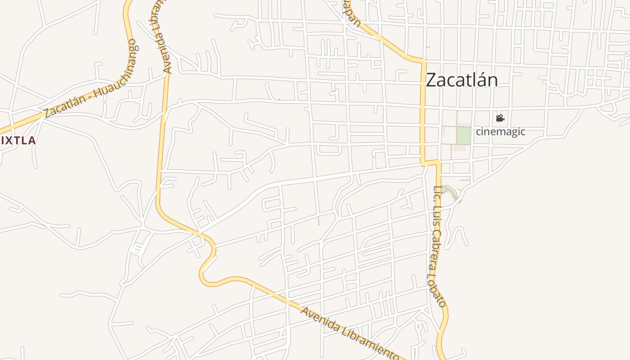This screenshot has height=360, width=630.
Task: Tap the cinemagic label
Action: [x=500, y=132]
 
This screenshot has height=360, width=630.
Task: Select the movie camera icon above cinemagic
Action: [x=500, y=118]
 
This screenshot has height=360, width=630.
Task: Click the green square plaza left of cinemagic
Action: [x=463, y=135]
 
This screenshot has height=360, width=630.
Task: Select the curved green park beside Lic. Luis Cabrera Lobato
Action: [x=450, y=192]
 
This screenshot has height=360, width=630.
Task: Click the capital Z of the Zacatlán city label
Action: [x=431, y=80]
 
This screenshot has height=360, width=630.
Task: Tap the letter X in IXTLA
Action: [x=8, y=141]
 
